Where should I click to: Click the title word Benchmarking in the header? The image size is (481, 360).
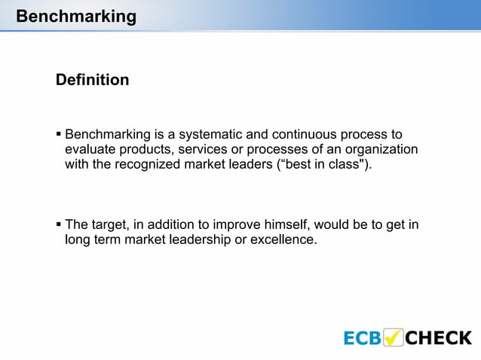click(x=75, y=16)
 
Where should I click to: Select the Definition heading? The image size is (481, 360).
click(x=92, y=80)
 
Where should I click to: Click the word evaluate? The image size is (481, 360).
click(x=91, y=150)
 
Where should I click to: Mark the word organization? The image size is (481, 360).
click(x=380, y=150)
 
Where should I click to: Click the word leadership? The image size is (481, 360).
click(x=194, y=240)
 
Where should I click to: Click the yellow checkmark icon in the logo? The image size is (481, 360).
click(x=394, y=337)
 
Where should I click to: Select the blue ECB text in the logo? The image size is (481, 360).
click(x=363, y=337)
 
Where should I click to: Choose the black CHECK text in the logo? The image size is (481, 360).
click(x=439, y=337)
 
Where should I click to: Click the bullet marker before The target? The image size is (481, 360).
click(x=59, y=224)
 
